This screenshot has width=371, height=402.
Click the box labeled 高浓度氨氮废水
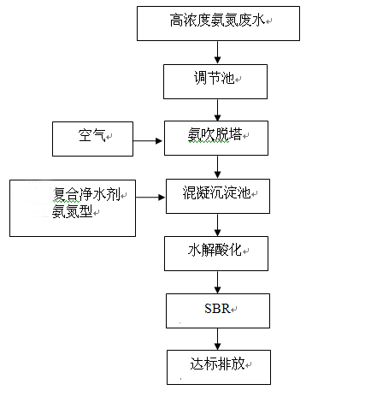[218, 22]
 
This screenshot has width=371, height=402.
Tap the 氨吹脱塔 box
[216, 137]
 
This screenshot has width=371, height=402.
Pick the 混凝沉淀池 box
[216, 196]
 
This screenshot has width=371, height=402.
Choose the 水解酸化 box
[216, 252]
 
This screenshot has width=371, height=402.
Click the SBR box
[216, 310]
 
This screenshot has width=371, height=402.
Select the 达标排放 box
[216, 366]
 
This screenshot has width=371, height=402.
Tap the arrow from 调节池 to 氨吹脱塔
[217, 109]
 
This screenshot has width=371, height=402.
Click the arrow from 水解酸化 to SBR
[217, 281]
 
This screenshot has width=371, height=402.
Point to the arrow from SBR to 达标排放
[217, 338]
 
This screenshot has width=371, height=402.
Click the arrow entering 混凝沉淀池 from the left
[150, 197]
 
